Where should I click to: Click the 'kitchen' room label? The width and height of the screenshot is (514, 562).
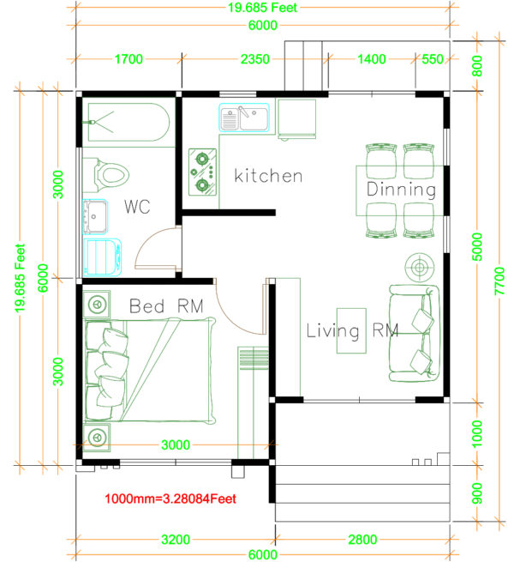tap(268, 176)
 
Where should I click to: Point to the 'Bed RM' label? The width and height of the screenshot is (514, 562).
tap(167, 305)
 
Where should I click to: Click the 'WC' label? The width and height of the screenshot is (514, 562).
tap(139, 207)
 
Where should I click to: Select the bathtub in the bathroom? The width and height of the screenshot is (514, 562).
tap(127, 124)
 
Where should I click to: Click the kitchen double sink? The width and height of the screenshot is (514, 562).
tap(244, 118)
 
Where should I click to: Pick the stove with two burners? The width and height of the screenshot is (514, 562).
tap(203, 171)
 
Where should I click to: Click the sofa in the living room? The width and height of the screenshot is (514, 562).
tap(414, 333)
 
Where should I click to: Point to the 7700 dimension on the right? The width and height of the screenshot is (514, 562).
tap(500, 281)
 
